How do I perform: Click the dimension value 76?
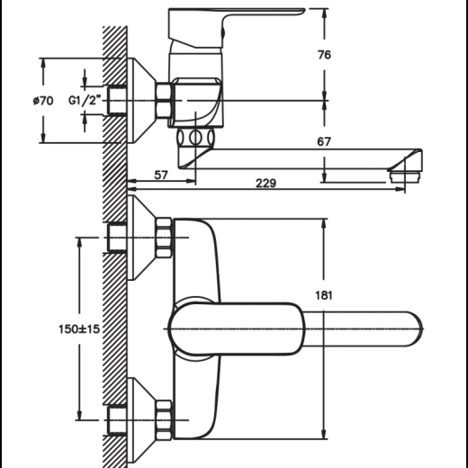324,55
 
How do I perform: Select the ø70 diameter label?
43,101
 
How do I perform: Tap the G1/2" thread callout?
84,100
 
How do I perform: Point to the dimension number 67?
324,141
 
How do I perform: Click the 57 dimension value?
161,175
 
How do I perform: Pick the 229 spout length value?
265,183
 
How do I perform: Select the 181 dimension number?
324,295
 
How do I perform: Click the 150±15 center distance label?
79,329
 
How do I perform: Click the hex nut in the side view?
164,101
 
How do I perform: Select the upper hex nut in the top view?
164,238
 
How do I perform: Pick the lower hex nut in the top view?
164,420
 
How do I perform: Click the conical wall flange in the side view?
141,101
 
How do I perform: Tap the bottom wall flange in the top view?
141,420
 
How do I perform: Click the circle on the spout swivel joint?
195,138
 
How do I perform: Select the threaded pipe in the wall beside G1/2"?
117,101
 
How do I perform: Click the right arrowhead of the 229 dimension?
400,189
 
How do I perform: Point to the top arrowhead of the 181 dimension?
324,224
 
